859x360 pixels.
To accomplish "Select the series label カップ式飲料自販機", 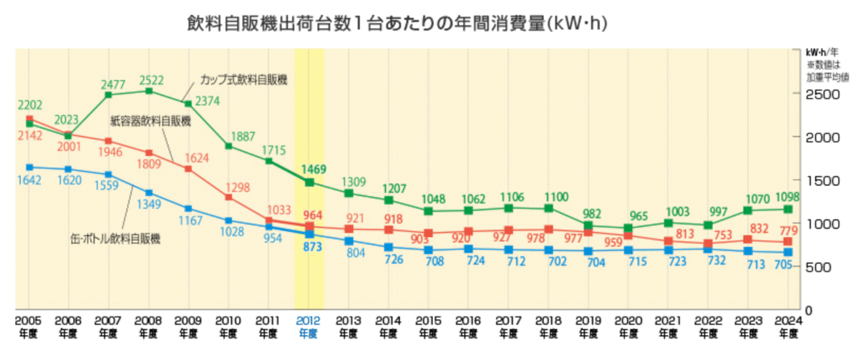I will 243,79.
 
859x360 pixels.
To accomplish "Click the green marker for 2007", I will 108,94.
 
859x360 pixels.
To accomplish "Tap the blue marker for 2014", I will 389,247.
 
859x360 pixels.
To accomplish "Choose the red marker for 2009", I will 188,169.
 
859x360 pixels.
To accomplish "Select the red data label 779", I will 789,229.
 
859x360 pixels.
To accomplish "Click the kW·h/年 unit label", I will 824,52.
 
